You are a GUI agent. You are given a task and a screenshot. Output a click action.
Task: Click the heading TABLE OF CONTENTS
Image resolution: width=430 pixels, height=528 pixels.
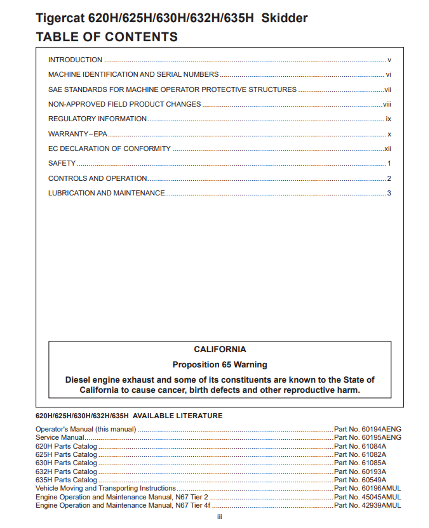(107, 37)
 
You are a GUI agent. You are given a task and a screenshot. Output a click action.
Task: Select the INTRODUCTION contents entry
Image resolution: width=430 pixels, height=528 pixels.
(75, 60)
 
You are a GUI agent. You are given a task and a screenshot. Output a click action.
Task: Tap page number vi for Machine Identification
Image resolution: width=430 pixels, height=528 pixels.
(388, 74)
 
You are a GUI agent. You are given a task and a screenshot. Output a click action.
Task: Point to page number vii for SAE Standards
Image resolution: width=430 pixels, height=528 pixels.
(387, 89)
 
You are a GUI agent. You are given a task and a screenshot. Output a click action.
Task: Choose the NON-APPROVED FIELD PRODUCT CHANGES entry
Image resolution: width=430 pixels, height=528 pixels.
(124, 104)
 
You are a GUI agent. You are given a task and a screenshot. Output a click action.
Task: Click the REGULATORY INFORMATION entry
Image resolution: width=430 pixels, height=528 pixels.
(97, 119)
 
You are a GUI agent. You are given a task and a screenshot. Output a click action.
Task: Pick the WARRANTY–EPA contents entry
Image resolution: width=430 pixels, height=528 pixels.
(78, 134)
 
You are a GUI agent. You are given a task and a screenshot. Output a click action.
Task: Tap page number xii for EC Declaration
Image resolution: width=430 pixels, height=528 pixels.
(387, 148)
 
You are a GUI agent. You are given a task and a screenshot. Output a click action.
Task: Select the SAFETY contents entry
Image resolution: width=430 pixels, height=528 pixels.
(62, 163)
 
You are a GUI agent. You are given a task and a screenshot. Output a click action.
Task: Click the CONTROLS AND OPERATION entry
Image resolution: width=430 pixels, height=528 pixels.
(98, 178)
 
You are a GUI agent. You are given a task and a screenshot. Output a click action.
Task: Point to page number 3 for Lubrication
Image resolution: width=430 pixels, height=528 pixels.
(389, 193)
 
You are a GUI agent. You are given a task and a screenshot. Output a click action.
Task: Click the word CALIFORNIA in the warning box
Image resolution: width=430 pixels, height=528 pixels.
(220, 349)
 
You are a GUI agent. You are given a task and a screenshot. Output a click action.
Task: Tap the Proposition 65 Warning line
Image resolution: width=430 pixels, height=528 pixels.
(220, 365)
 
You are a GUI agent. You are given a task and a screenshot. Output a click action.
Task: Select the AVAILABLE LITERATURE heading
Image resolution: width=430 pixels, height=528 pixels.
(129, 416)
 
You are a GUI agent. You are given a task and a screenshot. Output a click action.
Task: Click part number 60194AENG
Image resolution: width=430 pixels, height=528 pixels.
(368, 429)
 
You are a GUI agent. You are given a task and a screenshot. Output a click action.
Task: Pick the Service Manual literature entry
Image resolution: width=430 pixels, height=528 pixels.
(60, 437)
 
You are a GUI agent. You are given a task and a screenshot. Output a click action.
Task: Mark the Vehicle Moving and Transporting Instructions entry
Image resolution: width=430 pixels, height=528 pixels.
(105, 489)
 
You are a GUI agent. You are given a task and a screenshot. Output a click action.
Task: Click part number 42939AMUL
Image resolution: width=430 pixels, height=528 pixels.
(368, 506)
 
